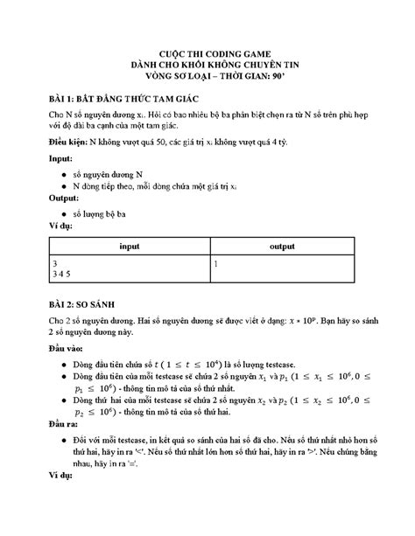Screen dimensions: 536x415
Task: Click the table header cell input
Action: pos(130,247)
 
